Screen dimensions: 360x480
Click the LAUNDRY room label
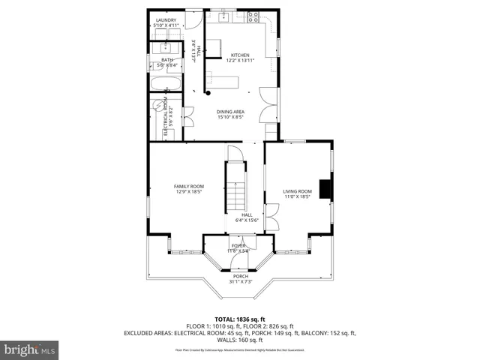tap(165, 20)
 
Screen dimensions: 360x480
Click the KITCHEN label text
tap(240, 55)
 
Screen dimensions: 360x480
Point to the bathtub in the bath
tap(164, 82)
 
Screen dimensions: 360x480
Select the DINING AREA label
tap(230, 111)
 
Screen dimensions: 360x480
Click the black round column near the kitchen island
tap(208, 93)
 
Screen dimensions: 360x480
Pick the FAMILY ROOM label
tap(189, 186)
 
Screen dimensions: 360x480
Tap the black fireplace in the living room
tap(324, 190)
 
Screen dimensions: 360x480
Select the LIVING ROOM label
tap(297, 191)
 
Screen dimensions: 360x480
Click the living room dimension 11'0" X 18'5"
tap(297, 197)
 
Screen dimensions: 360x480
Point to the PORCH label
tap(240, 276)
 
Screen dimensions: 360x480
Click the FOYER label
tap(238, 245)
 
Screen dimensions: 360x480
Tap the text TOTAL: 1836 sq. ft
tap(240, 319)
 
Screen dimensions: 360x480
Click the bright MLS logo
tap(29, 349)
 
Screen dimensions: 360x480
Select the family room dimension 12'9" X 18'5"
tap(189, 192)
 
